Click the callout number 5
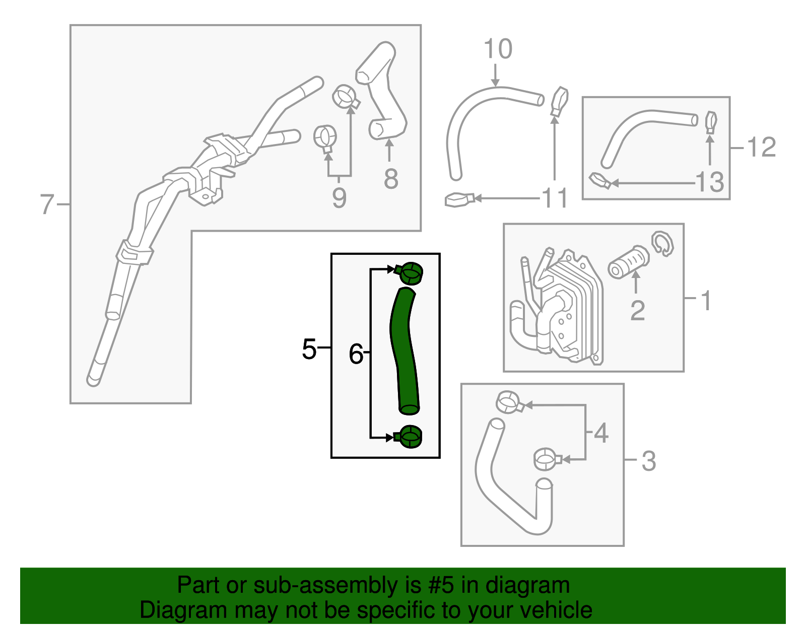pyautogui.click(x=309, y=348)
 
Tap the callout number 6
pyautogui.click(x=356, y=354)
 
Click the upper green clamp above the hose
pyautogui.click(x=410, y=273)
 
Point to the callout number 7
pyautogui.click(x=47, y=204)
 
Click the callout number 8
pyautogui.click(x=390, y=179)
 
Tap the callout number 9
pyautogui.click(x=339, y=198)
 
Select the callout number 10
pyautogui.click(x=498, y=49)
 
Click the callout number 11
pyautogui.click(x=555, y=198)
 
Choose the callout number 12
pyautogui.click(x=761, y=148)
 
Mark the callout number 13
pyautogui.click(x=710, y=182)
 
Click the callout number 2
pyautogui.click(x=637, y=310)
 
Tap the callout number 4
pyautogui.click(x=601, y=433)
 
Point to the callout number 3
pyautogui.click(x=648, y=461)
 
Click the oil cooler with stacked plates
pyautogui.click(x=574, y=307)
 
